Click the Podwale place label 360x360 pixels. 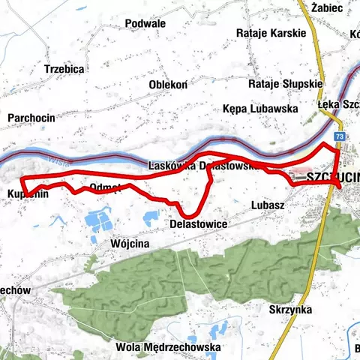[145, 24]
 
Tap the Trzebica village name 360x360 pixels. [64, 68]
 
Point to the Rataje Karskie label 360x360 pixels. [271, 33]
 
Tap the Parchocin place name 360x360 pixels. [31, 118]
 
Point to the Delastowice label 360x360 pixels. [199, 223]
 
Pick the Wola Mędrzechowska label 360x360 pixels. [168, 348]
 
